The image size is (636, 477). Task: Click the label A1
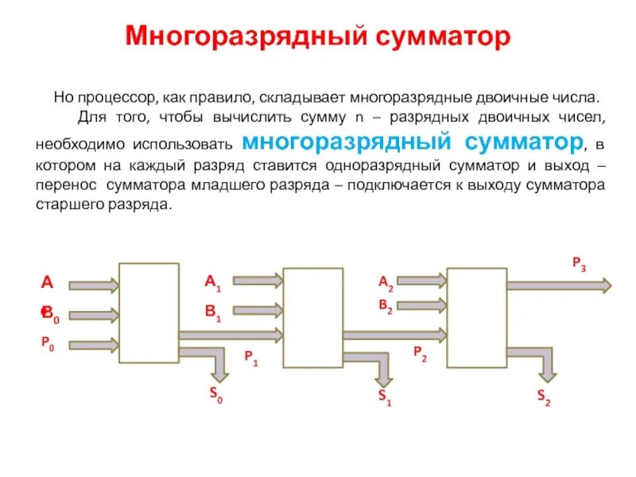[x=212, y=281]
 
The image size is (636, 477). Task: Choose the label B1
[x=212, y=312]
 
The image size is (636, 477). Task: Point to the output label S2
[x=544, y=397]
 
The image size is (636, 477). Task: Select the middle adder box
[x=313, y=317]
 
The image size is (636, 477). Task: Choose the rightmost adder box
[x=477, y=317]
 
